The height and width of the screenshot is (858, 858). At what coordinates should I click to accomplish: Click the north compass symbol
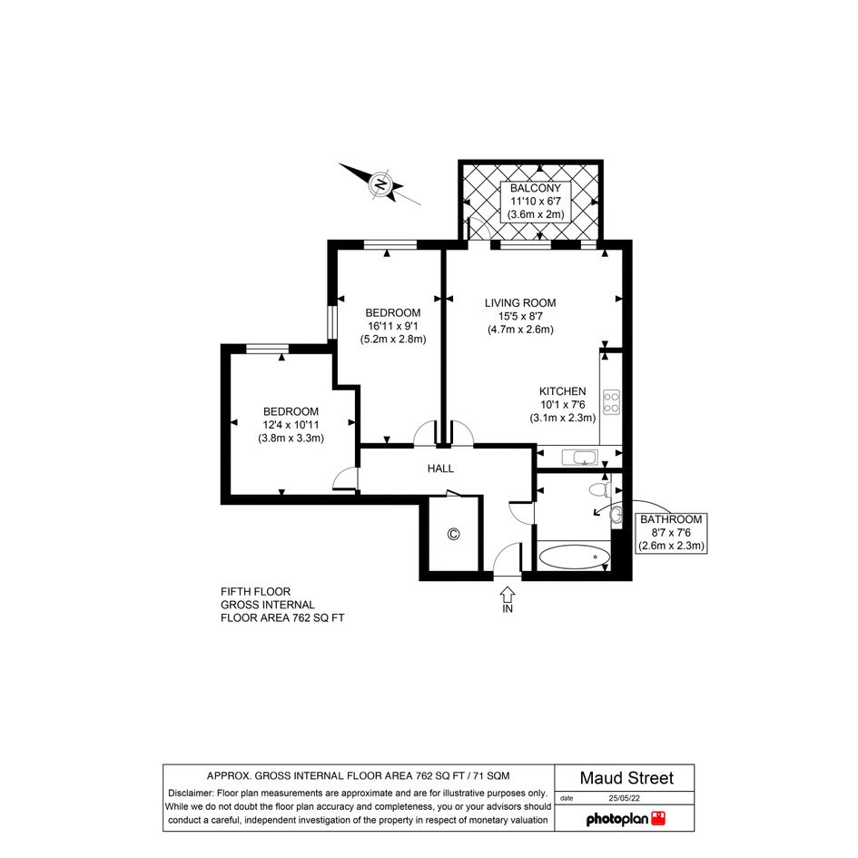[379, 183]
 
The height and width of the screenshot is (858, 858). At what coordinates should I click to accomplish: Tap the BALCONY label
[535, 188]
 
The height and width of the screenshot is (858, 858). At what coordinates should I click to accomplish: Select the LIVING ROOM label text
[520, 302]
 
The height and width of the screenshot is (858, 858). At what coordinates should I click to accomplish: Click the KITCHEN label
[563, 391]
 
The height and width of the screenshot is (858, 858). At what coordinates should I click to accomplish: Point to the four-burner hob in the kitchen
[611, 401]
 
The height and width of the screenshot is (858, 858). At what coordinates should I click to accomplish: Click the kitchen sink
[580, 457]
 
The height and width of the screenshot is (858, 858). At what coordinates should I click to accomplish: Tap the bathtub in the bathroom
[575, 557]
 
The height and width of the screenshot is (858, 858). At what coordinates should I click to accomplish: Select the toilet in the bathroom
[600, 488]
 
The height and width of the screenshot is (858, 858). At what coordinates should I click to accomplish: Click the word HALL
[440, 468]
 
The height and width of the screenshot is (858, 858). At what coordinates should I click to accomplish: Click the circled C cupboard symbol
[453, 534]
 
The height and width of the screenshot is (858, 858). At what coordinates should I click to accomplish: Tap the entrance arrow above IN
[508, 594]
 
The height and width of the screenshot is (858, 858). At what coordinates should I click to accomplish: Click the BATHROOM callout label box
[671, 532]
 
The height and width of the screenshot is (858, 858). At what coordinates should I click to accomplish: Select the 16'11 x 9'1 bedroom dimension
[393, 326]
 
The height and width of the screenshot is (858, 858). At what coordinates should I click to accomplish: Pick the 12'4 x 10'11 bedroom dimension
[291, 425]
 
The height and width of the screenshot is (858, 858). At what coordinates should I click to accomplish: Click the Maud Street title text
[626, 777]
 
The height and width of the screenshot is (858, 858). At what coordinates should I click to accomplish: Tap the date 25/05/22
[625, 798]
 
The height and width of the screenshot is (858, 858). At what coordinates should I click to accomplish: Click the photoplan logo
[626, 819]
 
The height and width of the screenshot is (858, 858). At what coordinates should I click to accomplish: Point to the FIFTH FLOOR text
[255, 591]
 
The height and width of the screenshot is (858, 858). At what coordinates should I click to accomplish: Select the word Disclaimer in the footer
[191, 793]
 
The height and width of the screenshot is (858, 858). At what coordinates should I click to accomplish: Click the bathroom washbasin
[616, 515]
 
